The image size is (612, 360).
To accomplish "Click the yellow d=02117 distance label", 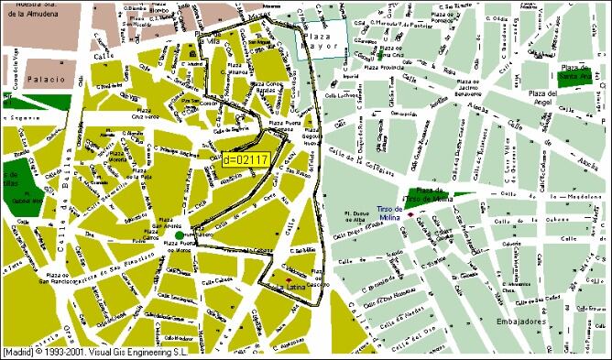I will point(245,160).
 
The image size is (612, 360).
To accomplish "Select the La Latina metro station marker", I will point(290,279).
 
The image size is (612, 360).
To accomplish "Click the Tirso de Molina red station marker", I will point(410,215).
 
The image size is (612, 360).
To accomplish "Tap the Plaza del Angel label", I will point(551,98).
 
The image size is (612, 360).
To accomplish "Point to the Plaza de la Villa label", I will point(210,40).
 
